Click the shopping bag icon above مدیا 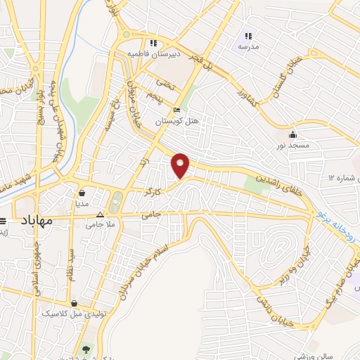[x=83, y=192]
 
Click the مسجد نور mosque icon [x=292, y=134]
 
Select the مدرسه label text [x=247, y=46]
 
